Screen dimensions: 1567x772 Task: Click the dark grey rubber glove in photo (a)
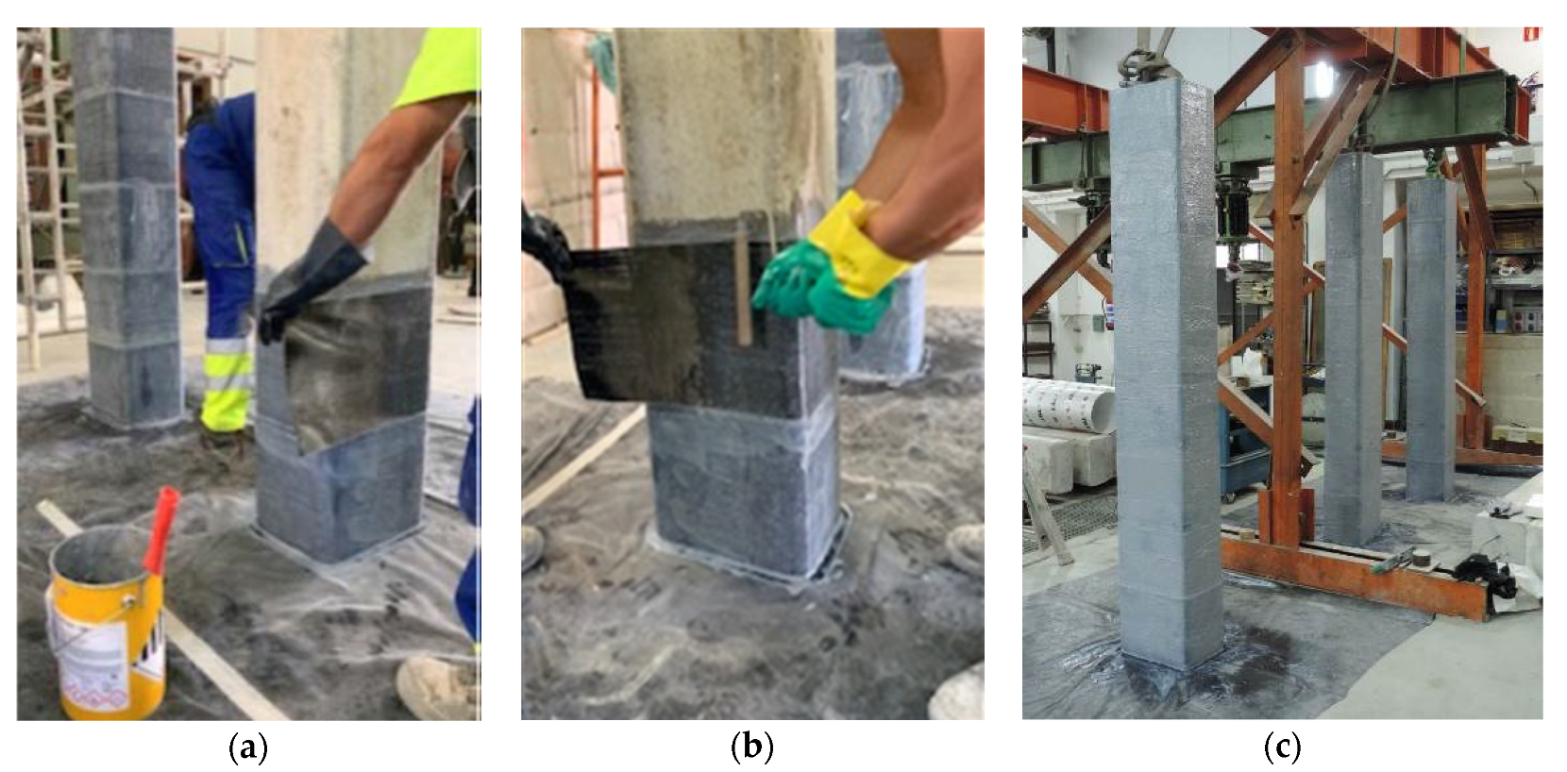tap(309, 280)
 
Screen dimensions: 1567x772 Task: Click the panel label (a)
tap(248, 747)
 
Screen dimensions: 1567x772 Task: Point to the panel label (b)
tap(752, 747)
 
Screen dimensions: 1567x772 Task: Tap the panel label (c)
tap(1282, 747)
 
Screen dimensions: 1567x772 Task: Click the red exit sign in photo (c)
tap(1533, 34)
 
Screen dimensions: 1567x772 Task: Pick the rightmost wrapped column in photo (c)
tap(1430, 340)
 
